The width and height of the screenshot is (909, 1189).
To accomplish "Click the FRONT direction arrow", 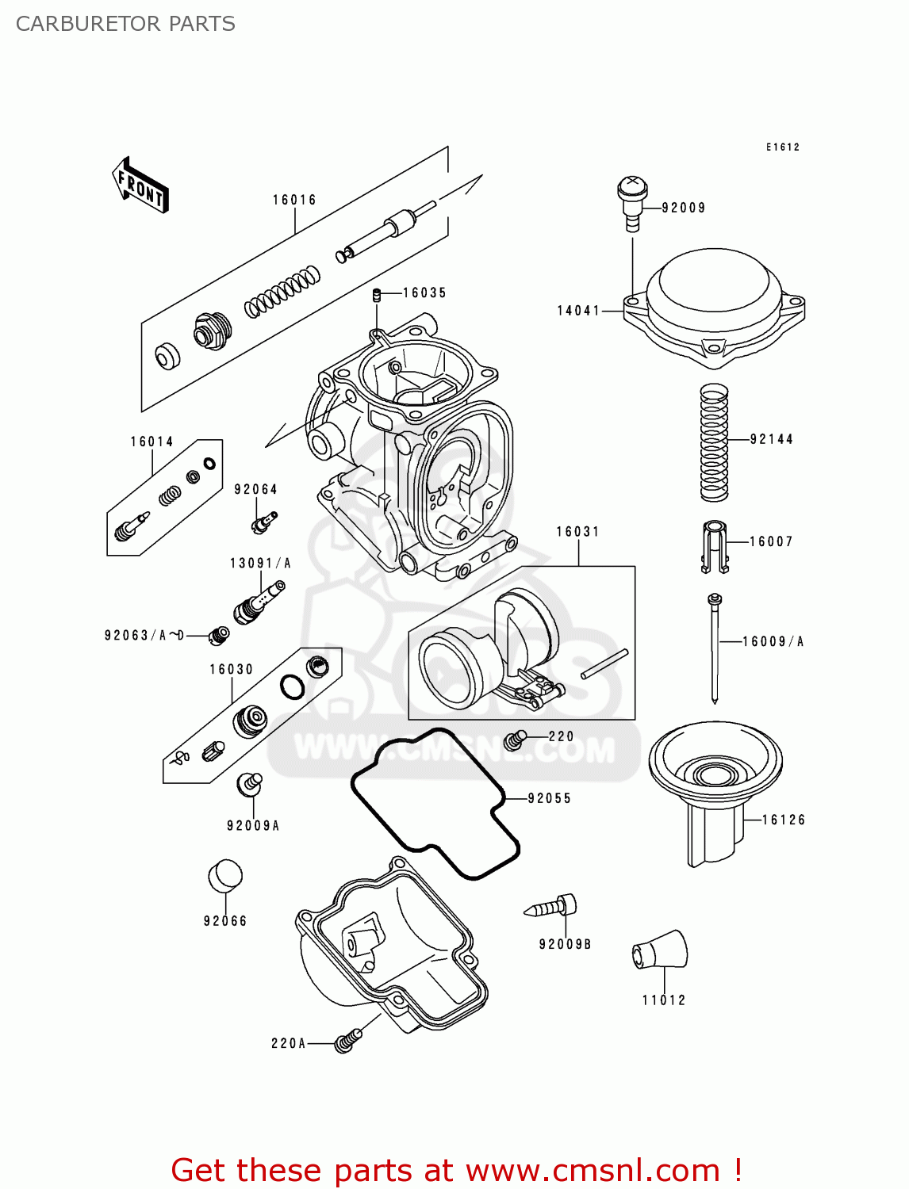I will [x=140, y=185].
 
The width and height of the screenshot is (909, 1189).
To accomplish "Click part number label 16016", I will [x=294, y=200].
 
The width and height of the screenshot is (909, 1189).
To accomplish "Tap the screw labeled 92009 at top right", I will [x=632, y=201].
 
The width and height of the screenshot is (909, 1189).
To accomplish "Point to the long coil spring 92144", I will [x=714, y=442].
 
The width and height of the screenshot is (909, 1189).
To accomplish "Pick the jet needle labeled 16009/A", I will [x=715, y=646].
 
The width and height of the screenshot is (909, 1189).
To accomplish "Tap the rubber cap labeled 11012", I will [x=660, y=950].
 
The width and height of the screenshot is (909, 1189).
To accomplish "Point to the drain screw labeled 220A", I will [x=347, y=1041].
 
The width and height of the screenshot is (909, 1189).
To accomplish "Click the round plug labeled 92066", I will [x=225, y=876].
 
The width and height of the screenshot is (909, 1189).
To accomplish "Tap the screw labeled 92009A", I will [x=249, y=784].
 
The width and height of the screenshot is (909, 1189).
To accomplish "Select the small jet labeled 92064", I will [x=263, y=522].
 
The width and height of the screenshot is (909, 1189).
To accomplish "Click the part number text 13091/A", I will [x=260, y=564].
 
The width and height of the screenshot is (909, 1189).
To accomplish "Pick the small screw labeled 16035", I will [x=378, y=296].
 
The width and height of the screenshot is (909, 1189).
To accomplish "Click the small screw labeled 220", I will [x=516, y=740].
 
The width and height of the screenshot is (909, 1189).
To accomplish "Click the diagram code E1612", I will [x=782, y=147].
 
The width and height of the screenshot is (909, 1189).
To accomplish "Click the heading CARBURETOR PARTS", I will [x=125, y=24].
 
